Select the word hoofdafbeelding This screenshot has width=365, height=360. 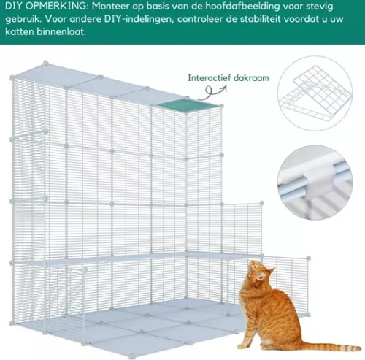click(x=226, y=6)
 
